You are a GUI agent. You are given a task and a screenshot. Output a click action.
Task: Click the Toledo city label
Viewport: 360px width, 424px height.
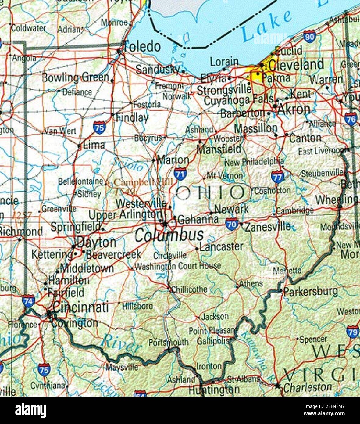click(142, 47)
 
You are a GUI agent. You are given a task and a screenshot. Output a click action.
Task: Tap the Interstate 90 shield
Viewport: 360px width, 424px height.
click(309, 37)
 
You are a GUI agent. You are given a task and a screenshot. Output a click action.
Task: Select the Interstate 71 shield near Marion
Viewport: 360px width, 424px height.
click(180, 174)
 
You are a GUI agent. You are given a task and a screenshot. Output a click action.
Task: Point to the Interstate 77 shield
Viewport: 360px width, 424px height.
click(277, 177)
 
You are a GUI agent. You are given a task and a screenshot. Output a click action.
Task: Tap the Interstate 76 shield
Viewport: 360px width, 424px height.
click(351, 119)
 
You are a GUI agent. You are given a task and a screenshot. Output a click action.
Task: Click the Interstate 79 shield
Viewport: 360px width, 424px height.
click(353, 332)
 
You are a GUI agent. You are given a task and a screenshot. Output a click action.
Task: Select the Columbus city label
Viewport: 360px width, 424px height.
click(169, 235)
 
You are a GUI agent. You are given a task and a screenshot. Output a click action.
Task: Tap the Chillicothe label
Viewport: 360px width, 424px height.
click(189, 289)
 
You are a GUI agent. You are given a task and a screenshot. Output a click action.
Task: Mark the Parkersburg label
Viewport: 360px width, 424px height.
click(310, 292)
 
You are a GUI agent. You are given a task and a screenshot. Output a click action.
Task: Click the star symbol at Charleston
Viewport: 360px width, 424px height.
click(277, 386)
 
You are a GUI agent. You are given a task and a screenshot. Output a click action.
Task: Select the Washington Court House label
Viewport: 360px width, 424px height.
click(178, 266)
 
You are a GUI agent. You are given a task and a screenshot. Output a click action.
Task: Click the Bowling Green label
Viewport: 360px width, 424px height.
click(76, 77)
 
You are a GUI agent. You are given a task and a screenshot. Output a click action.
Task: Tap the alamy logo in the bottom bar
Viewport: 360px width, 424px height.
click(30, 410)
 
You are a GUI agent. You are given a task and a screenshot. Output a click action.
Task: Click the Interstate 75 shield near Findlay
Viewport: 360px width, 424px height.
click(100, 127)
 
